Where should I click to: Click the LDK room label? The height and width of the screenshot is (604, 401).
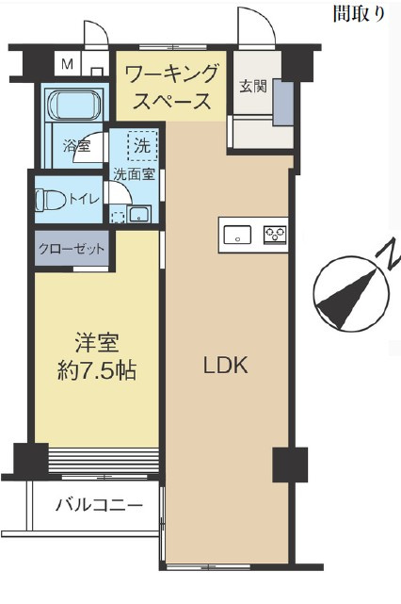(226, 366)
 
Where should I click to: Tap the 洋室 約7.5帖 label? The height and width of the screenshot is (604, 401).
(97, 357)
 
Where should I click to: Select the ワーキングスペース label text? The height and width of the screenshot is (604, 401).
(171, 87)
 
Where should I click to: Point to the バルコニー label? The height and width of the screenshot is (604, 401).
(99, 504)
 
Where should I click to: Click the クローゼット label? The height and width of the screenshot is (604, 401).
(72, 249)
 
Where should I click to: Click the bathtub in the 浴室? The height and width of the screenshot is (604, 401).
(74, 104)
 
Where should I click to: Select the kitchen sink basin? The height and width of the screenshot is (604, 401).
(237, 235)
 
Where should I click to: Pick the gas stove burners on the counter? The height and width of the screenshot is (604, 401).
(275, 235)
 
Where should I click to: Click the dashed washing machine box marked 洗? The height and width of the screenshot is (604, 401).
(142, 146)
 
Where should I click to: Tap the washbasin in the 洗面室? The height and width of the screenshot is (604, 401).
(139, 214)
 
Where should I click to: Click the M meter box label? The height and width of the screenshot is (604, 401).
(68, 63)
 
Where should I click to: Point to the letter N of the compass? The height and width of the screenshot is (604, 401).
(389, 255)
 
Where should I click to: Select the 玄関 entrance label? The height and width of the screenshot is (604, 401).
(253, 87)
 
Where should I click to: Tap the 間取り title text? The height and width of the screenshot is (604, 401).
(359, 14)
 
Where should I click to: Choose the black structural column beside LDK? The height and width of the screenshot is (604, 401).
(290, 465)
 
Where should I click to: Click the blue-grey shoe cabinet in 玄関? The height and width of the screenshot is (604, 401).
(283, 103)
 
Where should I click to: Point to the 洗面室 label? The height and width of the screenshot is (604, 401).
(135, 174)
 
